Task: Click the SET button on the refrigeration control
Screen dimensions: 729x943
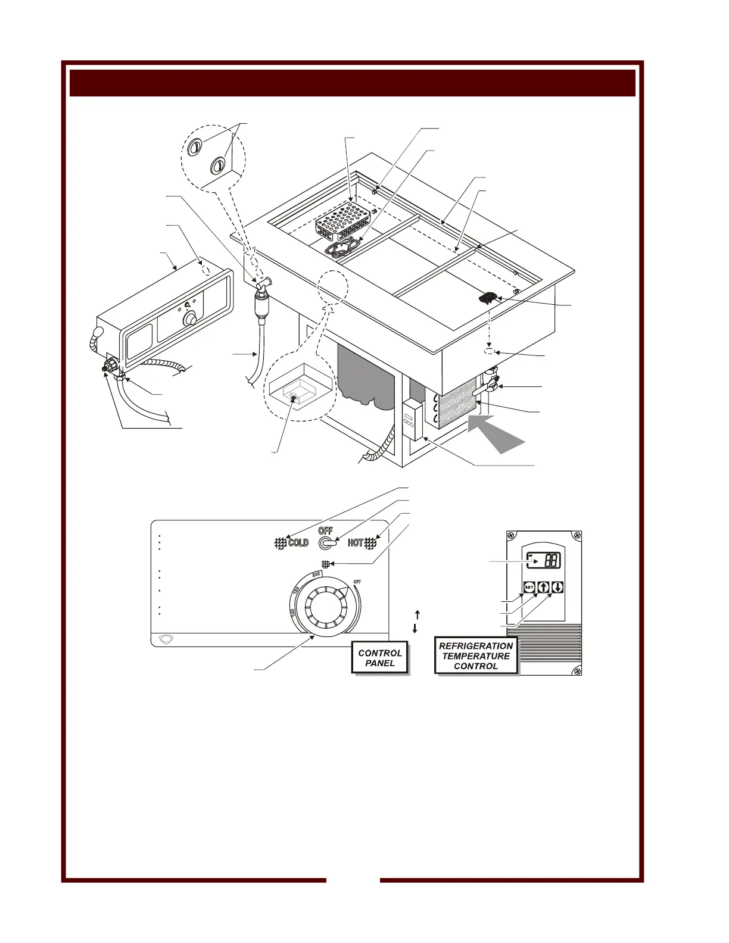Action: click(x=529, y=588)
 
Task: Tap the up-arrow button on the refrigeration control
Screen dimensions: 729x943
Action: click(x=543, y=588)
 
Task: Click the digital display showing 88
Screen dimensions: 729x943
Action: click(x=543, y=560)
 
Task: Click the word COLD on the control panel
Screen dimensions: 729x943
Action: click(x=298, y=543)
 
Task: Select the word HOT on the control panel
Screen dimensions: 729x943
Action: click(x=356, y=543)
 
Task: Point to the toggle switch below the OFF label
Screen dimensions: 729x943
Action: click(x=326, y=543)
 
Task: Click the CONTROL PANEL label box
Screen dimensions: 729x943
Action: click(x=380, y=658)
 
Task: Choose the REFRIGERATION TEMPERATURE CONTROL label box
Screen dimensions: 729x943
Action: click(x=476, y=656)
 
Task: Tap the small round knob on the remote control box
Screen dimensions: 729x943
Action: click(x=191, y=320)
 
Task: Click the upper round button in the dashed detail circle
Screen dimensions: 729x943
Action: click(x=195, y=146)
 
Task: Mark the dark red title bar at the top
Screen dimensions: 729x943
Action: click(x=353, y=83)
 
